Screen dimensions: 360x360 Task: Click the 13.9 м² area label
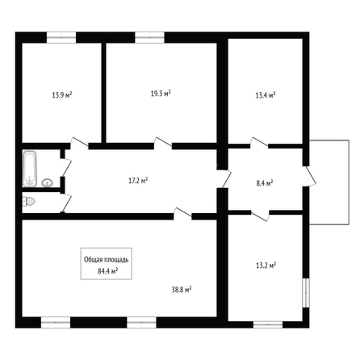62,95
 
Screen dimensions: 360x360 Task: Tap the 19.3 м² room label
161,94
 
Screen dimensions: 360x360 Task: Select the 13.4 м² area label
266,95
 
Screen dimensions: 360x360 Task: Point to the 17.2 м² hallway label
138,181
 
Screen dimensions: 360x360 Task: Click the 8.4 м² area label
265,183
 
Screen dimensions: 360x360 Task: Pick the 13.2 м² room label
266,266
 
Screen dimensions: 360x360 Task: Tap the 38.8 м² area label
182,290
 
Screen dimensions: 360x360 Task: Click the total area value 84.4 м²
108,271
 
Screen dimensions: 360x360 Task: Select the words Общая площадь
107,260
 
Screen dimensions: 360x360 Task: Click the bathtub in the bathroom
30,169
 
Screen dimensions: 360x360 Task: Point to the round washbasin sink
48,182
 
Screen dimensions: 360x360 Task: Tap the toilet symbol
28,201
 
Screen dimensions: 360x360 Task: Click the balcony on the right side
329,182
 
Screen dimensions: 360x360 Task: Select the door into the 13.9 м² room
79,143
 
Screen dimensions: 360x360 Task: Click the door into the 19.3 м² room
163,143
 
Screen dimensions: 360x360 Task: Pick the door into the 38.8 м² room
182,213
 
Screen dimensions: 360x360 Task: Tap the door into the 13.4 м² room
259,143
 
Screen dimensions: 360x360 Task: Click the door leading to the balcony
309,175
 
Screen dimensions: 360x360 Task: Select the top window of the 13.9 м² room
61,37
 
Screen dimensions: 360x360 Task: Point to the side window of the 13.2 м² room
306,293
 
